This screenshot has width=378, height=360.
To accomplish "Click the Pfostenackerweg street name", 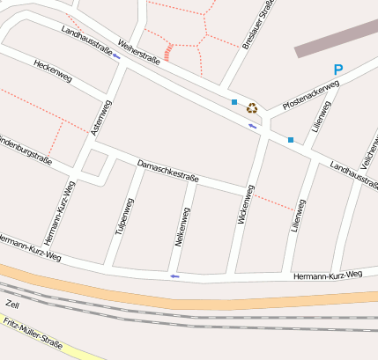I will [x=311, y=96].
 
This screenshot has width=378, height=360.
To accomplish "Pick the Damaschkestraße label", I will [x=168, y=172].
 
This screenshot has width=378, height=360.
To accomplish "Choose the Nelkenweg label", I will [x=182, y=226].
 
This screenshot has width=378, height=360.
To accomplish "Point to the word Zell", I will [x=11, y=304].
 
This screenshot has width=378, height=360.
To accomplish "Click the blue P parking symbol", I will [x=338, y=70].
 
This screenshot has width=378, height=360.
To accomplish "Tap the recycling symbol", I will [x=252, y=108].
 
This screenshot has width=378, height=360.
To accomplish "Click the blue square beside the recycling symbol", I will [x=234, y=103].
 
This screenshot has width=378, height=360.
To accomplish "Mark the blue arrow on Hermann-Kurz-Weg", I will [x=174, y=276].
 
